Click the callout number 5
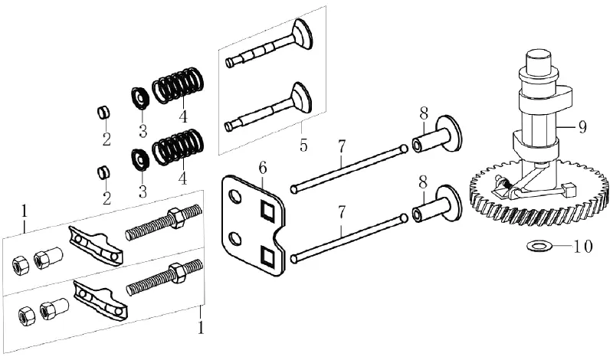click(303, 146)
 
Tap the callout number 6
click(263, 168)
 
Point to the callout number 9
click(582, 126)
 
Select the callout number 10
click(583, 247)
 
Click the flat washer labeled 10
click(540, 246)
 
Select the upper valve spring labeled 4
click(179, 86)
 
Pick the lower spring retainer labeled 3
click(140, 160)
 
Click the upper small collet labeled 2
click(103, 113)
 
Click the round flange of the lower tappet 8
click(448, 204)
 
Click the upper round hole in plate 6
click(235, 196)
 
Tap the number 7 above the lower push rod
click(342, 213)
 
